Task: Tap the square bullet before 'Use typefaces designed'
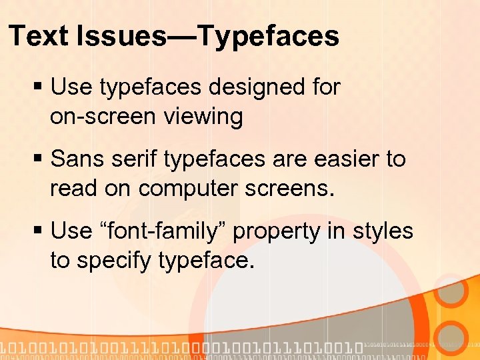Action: click(39, 87)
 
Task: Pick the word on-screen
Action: click(102, 117)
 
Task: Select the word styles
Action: click(383, 231)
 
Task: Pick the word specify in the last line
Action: click(114, 261)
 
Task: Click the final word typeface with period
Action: click(207, 261)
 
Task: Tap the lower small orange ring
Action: click(453, 337)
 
